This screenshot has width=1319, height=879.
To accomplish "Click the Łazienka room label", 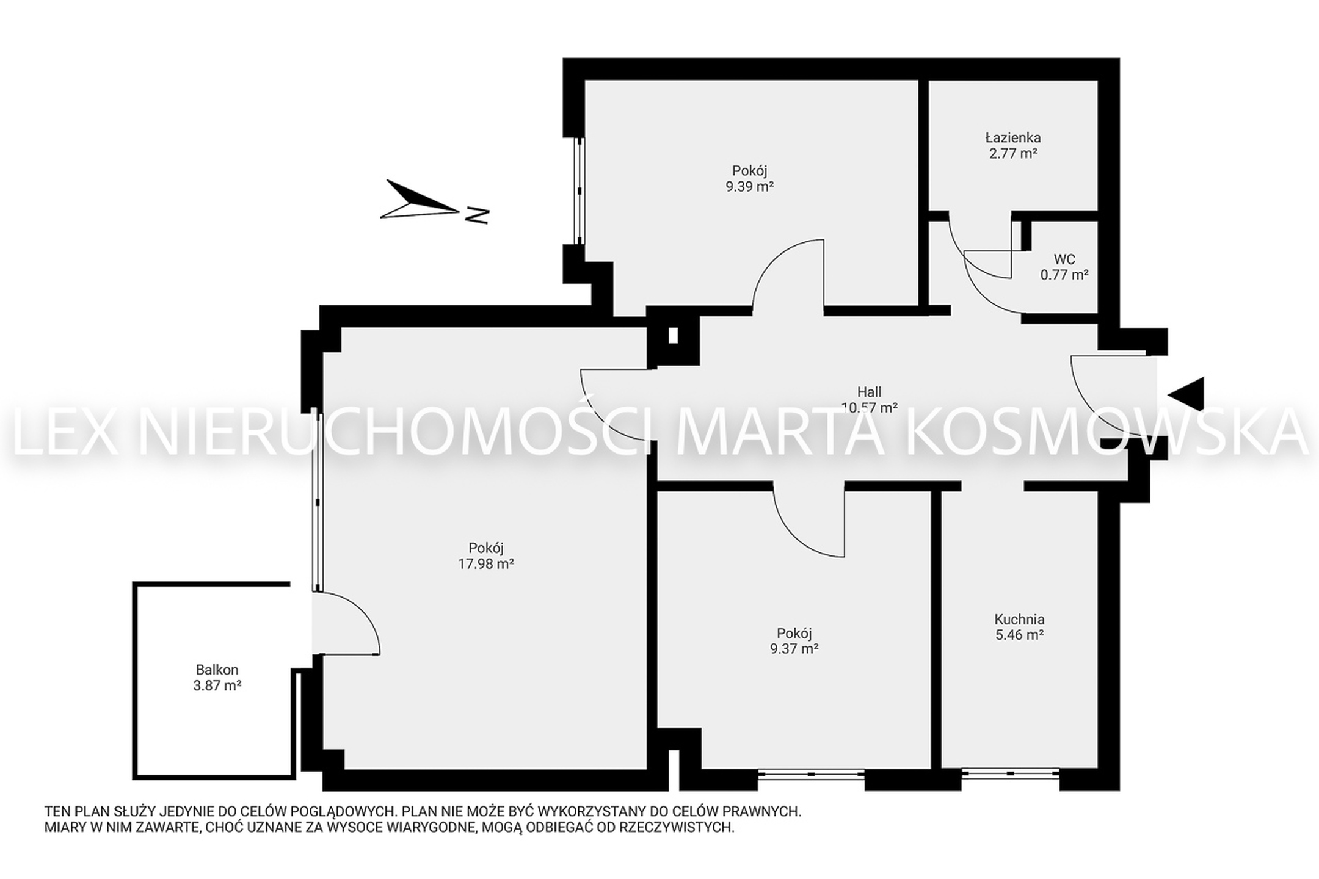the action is [1013, 138].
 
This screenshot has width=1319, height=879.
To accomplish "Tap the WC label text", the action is [1064, 259].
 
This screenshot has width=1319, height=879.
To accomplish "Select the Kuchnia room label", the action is [1019, 620].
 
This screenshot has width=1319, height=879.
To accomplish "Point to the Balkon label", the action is [217, 670].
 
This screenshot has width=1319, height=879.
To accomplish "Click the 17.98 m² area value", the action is [486, 564].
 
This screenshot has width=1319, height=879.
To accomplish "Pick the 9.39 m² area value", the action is [750, 187].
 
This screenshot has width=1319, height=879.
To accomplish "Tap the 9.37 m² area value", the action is [794, 649].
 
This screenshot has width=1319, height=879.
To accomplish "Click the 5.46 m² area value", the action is [1019, 635].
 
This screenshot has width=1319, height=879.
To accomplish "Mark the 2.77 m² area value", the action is [1014, 153].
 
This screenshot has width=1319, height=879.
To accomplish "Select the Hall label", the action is [869, 392].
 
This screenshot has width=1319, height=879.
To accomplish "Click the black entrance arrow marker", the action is [1186, 394].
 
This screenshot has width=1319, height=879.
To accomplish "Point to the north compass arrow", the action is [419, 199].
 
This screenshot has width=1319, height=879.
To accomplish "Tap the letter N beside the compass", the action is [477, 215].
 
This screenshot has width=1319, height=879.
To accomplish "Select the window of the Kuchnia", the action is [1011, 773].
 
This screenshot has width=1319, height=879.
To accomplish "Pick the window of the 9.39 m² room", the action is [580, 191].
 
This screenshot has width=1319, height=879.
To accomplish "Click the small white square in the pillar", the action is [673, 336].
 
